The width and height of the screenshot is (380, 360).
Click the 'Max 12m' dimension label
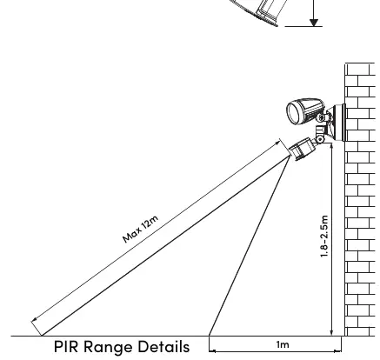(141, 229)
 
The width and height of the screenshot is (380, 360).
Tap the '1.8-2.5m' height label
(324, 237)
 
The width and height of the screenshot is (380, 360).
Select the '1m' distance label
(283, 344)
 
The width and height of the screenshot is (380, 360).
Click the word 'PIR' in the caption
(66, 347)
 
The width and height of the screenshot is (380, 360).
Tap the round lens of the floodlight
(294, 113)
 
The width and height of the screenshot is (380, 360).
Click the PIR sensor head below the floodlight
(302, 149)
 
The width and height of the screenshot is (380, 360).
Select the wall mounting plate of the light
(340, 123)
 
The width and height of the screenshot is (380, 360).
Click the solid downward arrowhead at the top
(314, 23)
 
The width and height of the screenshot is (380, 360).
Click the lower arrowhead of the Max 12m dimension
(34, 320)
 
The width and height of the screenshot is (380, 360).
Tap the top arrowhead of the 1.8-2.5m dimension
(331, 146)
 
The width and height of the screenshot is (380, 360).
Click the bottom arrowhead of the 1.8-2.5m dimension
(331, 333)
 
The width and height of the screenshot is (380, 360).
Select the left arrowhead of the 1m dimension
(212, 351)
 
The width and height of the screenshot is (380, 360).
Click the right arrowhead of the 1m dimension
(338, 351)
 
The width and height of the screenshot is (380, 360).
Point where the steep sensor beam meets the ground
(209, 336)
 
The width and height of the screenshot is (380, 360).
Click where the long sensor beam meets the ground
(43, 336)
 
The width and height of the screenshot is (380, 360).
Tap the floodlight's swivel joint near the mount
(321, 117)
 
